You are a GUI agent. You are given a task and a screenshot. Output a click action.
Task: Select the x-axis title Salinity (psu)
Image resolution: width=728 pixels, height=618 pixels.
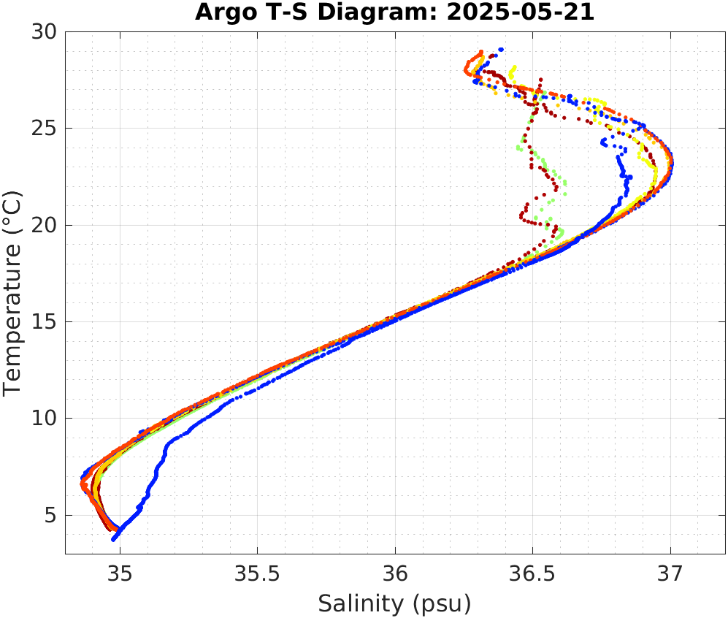(x=394, y=603)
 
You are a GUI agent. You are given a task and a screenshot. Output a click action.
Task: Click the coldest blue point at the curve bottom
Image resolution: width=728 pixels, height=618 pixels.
(x=114, y=539)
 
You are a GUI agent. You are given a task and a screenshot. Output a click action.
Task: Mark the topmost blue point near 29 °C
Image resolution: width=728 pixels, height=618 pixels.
(x=501, y=50)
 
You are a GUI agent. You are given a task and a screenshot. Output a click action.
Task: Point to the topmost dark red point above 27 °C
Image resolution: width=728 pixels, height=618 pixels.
(x=540, y=79)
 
